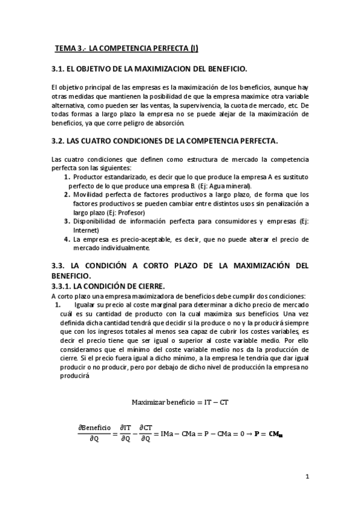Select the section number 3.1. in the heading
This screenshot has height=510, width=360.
tap(60, 69)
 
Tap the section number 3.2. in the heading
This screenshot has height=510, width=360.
tap(60, 141)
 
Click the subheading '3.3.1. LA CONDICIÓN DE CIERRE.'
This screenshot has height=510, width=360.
tap(108, 286)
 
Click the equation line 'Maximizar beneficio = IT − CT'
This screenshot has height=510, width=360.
tap(180, 402)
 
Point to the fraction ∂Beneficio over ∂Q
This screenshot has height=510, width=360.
tap(95, 433)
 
